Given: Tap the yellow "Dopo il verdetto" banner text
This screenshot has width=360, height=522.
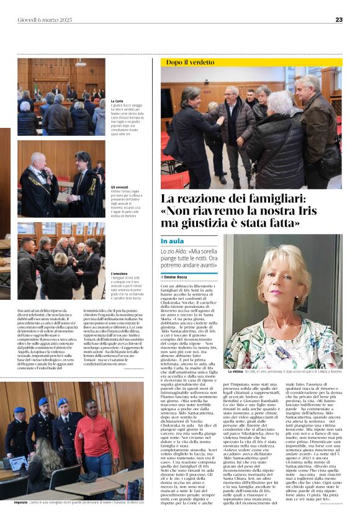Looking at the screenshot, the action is tap(189, 62).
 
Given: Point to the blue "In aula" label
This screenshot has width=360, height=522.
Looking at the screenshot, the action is tap(173, 241).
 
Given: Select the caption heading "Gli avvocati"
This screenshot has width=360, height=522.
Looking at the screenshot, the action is tap(119, 186).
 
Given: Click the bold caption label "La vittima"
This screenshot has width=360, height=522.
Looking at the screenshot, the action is tap(235, 371).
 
